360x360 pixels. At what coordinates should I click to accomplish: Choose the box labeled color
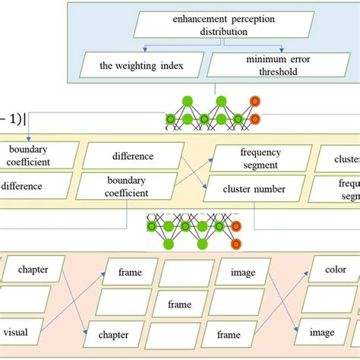tap(335, 270)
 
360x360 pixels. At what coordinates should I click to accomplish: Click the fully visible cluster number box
tap(254, 188)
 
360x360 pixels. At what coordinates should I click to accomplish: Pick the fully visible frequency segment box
tap(259, 158)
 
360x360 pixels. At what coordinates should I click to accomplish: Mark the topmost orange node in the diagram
tap(255, 100)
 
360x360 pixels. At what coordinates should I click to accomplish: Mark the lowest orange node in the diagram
tap(235, 243)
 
